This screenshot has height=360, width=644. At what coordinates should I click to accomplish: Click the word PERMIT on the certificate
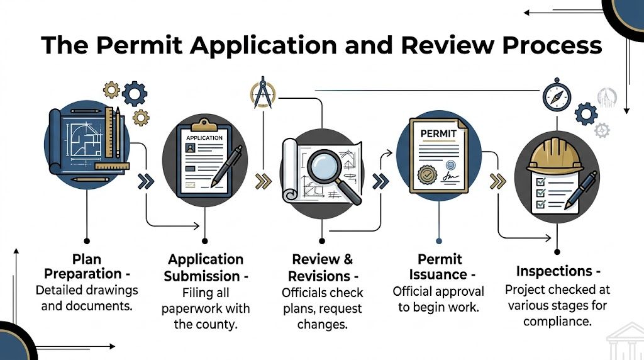(x=436, y=133)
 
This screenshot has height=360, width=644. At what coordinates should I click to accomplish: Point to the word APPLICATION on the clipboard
(x=204, y=138)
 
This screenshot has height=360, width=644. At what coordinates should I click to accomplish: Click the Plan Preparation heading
(x=86, y=267)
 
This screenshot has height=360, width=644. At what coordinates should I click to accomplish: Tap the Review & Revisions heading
(x=322, y=267)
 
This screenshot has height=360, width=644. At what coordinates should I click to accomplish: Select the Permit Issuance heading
(x=438, y=267)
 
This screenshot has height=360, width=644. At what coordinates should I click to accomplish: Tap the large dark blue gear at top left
(x=134, y=94)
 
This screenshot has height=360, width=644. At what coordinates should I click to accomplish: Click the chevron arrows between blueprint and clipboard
(x=145, y=182)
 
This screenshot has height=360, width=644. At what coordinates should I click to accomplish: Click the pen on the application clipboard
(x=226, y=165)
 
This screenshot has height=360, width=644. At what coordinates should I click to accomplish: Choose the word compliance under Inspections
(x=557, y=321)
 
